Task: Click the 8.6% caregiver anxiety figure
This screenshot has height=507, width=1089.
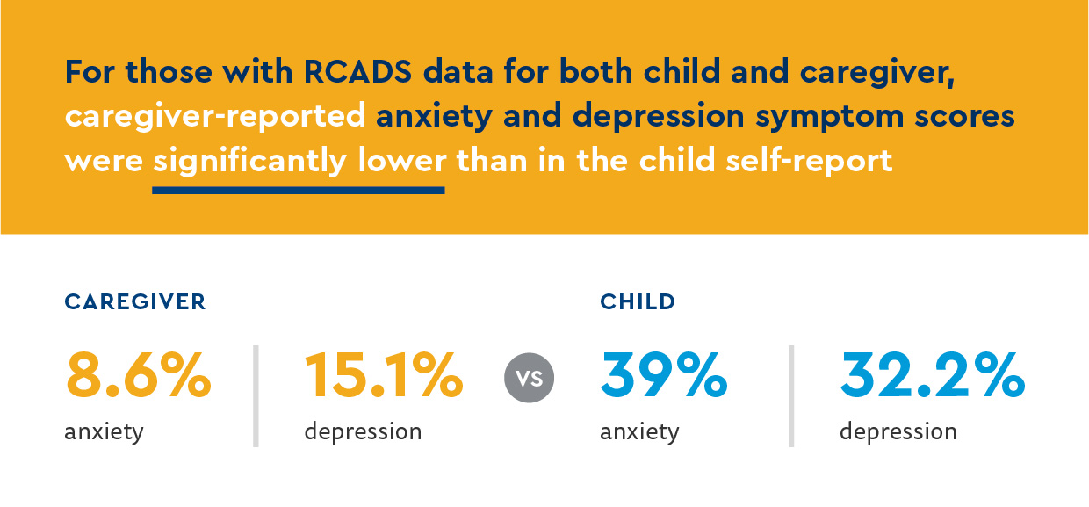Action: point(138,376)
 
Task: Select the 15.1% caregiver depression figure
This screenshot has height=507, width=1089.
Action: point(384,376)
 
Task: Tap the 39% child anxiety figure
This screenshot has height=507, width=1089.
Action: point(664,376)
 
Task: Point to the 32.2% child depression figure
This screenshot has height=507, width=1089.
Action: point(932,376)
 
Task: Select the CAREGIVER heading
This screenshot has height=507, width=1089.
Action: point(135,302)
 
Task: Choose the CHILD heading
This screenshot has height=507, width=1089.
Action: point(638,302)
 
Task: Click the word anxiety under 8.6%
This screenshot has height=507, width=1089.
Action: point(104,432)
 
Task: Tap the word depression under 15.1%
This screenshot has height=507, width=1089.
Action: point(363,432)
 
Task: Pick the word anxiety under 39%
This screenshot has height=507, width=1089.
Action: point(639,432)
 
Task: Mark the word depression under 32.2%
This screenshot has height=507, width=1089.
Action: point(898,432)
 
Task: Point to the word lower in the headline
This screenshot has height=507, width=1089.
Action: point(402,161)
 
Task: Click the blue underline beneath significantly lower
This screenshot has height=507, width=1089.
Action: point(299,189)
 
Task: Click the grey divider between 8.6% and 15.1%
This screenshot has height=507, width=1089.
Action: point(256,395)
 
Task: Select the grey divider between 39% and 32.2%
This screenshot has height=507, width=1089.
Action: point(791,395)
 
